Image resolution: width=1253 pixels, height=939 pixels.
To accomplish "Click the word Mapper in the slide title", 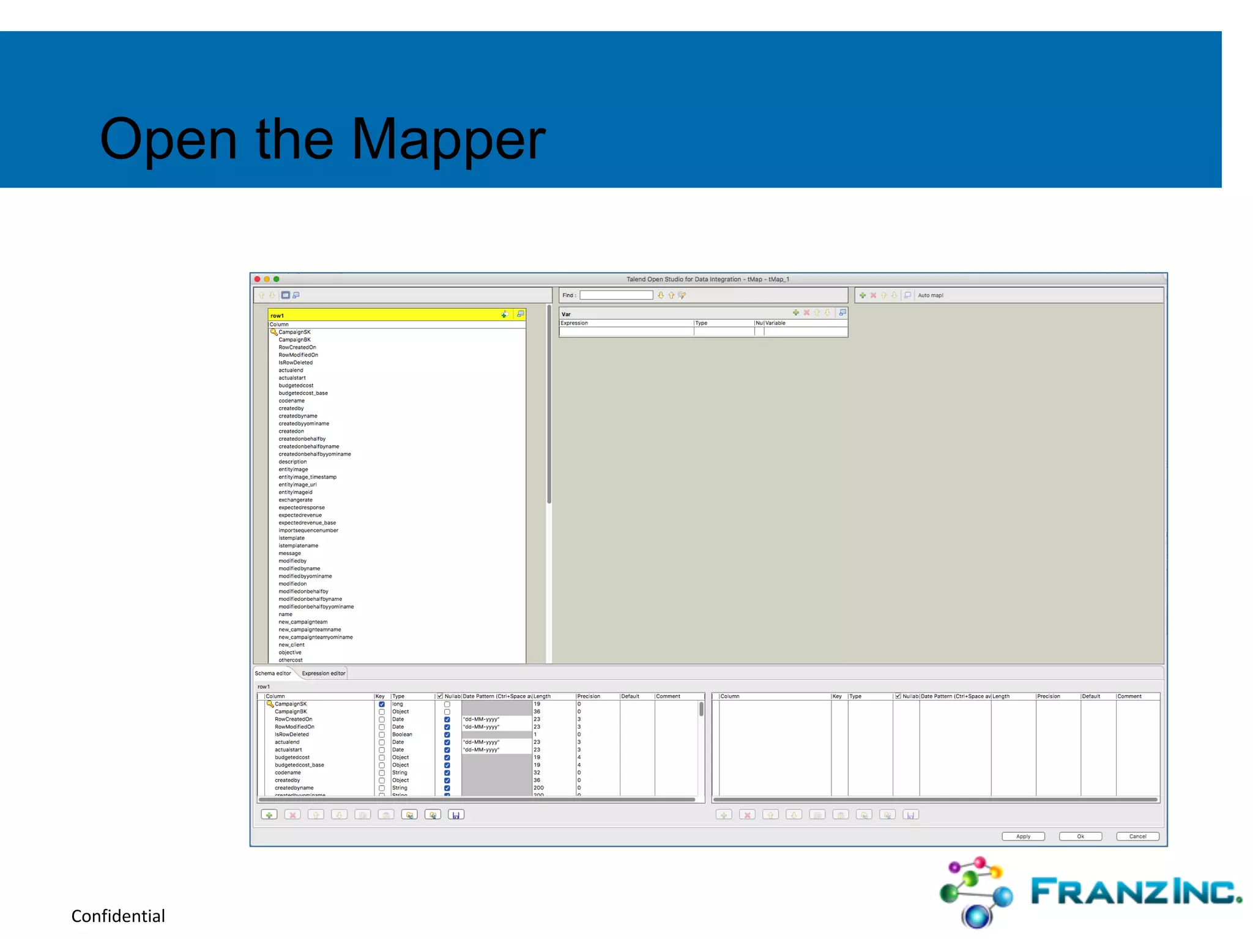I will [x=448, y=140].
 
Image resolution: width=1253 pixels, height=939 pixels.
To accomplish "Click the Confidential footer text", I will [x=118, y=916].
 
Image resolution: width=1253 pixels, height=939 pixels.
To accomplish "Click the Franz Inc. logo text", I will [x=1136, y=892].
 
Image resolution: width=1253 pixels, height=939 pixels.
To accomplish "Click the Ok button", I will [x=1080, y=836].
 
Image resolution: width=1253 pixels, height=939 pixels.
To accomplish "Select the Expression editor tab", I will [x=323, y=674].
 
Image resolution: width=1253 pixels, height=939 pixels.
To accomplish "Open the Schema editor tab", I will [x=273, y=674].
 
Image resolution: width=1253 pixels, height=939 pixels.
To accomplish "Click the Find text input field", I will [x=616, y=295].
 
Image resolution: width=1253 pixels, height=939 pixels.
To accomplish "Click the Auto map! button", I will [x=931, y=295].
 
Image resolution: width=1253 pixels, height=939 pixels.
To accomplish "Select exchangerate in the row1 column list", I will [x=296, y=500].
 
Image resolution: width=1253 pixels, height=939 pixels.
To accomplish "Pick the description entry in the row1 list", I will [x=292, y=462].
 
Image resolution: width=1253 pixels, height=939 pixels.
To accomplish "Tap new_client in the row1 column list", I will [x=291, y=645].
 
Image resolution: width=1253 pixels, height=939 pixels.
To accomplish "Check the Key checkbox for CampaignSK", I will [x=382, y=704].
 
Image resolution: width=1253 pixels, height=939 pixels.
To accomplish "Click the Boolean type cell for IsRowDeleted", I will [x=402, y=735].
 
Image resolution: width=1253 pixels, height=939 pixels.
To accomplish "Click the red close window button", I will [x=258, y=279].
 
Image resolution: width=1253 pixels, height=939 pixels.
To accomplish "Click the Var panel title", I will [x=566, y=314].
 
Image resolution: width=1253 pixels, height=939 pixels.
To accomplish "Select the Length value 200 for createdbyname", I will [x=538, y=788].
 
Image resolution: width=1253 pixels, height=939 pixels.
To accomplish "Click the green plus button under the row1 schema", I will [x=269, y=815].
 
